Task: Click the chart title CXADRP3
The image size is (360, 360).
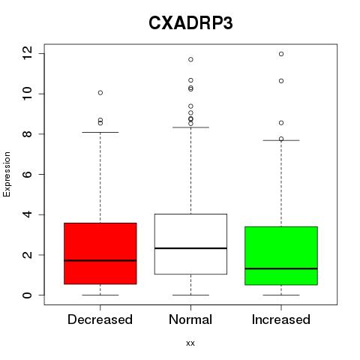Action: coord(190,23)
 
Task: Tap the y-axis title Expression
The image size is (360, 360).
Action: coord(7,174)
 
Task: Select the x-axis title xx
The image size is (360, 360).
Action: coord(190,343)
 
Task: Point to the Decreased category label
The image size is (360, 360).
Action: coord(100,319)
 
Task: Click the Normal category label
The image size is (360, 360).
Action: coord(190,319)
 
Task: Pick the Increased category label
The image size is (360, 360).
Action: coord(281,319)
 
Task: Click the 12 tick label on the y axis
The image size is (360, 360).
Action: coord(27,53)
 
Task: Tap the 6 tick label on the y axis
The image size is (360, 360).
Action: coord(27,174)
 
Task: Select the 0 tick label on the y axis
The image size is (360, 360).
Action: coord(27,295)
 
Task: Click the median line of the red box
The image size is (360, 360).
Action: coord(100,260)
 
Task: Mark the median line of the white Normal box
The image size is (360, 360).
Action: coord(190,248)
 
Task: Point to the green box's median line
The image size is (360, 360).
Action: coord(281,268)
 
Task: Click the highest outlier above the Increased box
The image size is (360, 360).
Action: coord(281,54)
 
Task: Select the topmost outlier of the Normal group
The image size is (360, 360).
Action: coord(190,59)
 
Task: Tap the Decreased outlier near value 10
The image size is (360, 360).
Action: coord(100,93)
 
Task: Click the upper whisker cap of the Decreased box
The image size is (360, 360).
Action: coord(100,132)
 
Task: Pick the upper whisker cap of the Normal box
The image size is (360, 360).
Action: coord(190,127)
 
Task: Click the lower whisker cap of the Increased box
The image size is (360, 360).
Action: coord(281,295)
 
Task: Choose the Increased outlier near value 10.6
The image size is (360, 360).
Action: coord(281,81)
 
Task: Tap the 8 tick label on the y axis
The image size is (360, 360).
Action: coord(27,134)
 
